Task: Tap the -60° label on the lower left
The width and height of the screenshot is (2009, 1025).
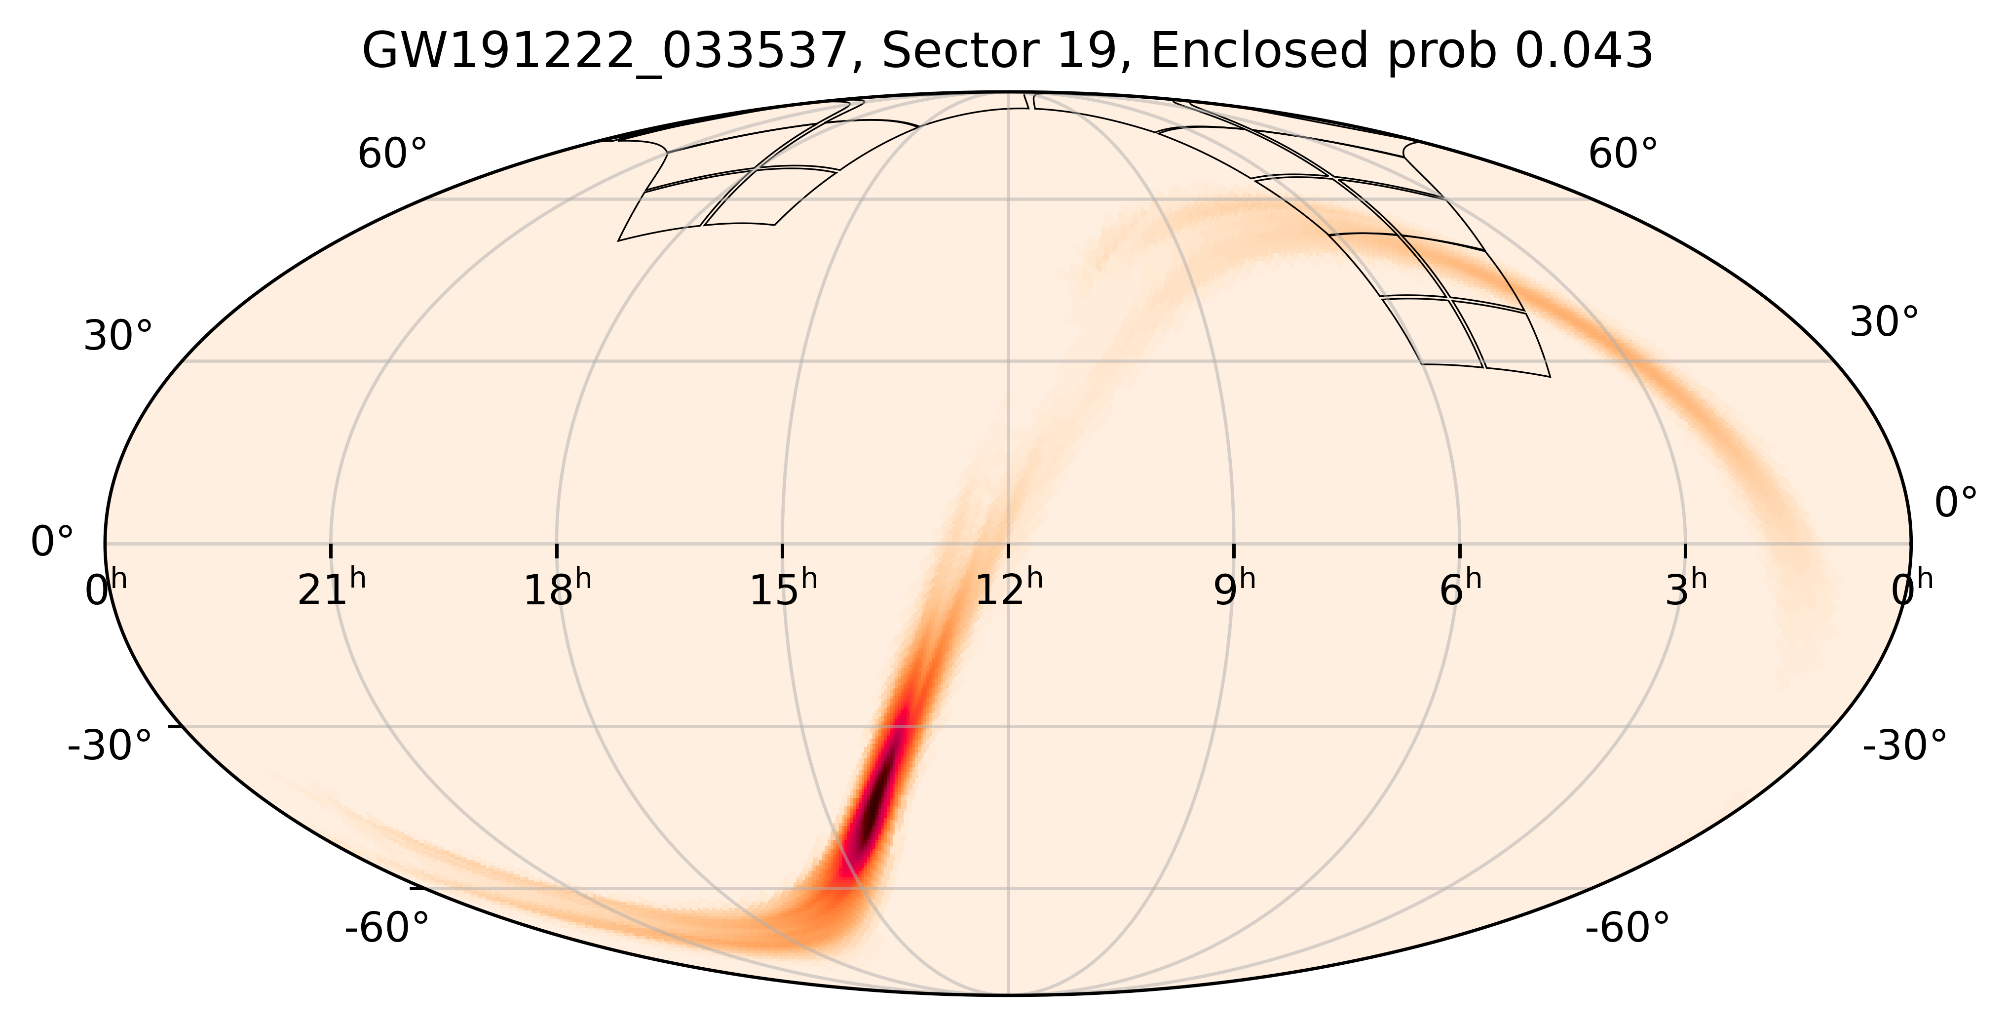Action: click(387, 929)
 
